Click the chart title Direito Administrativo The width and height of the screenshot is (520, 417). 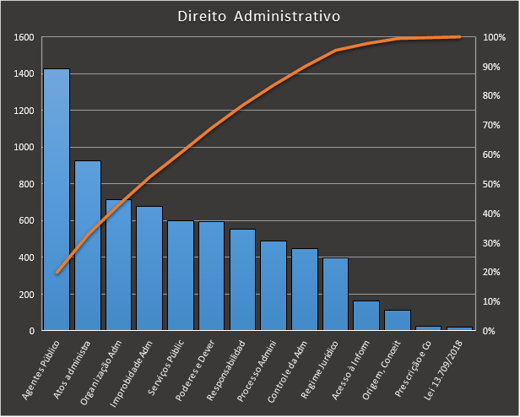pos(260,17)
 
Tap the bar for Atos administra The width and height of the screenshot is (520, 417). pos(88,245)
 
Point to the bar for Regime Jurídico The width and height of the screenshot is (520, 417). pos(335,294)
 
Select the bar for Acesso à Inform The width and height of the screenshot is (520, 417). pos(366,316)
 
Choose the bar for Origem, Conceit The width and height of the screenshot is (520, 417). pos(397,320)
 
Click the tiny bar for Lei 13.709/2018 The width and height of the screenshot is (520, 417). pos(459,328)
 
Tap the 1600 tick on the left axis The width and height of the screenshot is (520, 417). pos(24,37)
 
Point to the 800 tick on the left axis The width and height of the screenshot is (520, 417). pos(26,184)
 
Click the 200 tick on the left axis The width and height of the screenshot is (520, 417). pos(26,294)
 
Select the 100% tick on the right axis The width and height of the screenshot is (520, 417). pos(495,37)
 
